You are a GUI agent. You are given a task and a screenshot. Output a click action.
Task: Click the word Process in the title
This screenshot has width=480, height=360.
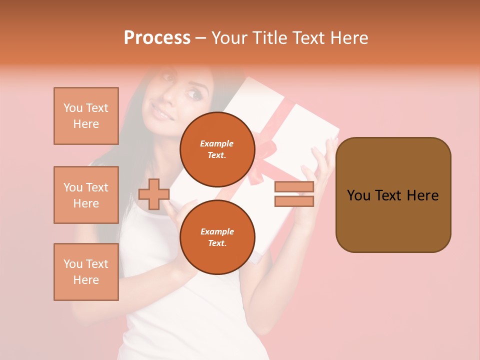click(157, 38)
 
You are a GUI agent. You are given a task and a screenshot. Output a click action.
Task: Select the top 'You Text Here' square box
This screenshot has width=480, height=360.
click(86, 116)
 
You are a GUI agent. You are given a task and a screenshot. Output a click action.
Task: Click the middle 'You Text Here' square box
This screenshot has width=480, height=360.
click(86, 195)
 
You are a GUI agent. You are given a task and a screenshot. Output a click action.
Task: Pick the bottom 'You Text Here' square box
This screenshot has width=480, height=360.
click(86, 272)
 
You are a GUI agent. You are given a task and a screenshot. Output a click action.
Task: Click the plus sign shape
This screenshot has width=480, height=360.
click(153, 194)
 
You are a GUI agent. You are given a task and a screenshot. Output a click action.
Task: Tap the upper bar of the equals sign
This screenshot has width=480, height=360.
click(294, 187)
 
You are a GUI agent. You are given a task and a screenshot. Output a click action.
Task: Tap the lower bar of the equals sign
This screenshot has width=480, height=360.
click(294, 201)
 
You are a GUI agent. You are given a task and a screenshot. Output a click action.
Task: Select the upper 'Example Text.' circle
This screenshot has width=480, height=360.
click(217, 149)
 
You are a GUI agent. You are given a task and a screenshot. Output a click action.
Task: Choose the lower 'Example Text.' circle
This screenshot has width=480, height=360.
click(217, 237)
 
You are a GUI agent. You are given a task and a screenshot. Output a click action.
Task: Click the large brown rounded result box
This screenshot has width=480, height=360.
click(393, 195)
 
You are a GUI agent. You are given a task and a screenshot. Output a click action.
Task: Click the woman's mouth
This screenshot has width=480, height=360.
click(161, 113)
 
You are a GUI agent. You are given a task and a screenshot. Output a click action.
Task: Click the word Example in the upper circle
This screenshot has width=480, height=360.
click(217, 143)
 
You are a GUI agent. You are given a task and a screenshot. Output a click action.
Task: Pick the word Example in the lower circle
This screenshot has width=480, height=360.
click(217, 231)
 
